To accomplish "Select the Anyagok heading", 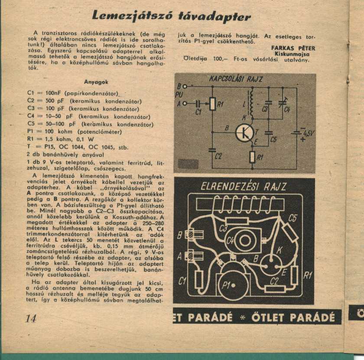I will [96, 82].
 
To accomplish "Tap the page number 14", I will [31, 318].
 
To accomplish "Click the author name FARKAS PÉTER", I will [293, 48].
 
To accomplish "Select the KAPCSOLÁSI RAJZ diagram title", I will [236, 79].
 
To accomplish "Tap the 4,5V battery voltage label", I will [309, 133].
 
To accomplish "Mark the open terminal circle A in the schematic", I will [185, 103].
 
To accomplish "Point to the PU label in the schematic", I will [179, 95].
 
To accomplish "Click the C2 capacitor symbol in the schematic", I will [212, 150].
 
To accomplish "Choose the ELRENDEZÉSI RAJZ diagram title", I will [244, 187].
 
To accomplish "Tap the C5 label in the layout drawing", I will [293, 218].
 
